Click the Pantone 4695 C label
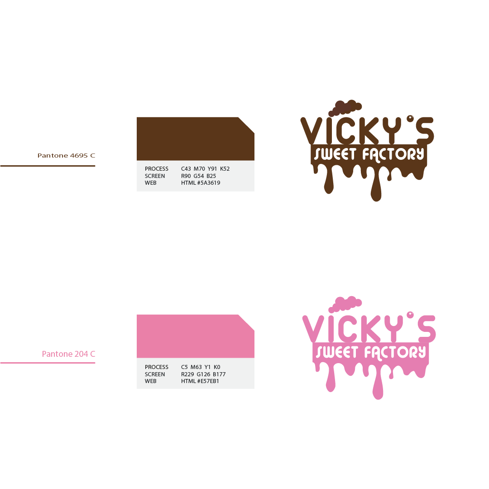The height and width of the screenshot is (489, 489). [x=66, y=155]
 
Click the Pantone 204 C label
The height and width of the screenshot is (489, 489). [x=68, y=354]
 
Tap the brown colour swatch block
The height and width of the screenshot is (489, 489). [x=195, y=139]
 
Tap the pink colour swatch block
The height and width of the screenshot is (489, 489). [x=195, y=336]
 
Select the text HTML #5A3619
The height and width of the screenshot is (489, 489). [x=201, y=183]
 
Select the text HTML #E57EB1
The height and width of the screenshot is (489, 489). [x=200, y=381]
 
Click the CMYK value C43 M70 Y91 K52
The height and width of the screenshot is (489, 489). [x=205, y=169]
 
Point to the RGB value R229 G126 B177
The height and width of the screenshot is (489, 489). [x=203, y=374]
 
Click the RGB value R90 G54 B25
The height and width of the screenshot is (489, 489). [x=198, y=176]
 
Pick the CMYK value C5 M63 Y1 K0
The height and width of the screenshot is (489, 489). [x=201, y=367]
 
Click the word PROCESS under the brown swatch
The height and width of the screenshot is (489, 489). [x=157, y=169]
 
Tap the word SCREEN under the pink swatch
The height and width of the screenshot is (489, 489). [x=155, y=374]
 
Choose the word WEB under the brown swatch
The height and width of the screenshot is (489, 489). [x=151, y=183]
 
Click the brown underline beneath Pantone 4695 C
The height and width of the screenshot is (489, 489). [x=48, y=166]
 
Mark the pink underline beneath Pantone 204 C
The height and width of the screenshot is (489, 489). [x=48, y=363]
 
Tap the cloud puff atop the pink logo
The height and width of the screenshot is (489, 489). [x=345, y=304]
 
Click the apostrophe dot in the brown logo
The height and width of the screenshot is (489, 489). [x=410, y=119]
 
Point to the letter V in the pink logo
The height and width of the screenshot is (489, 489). [x=313, y=329]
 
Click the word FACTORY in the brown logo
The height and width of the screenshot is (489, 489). [x=393, y=154]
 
